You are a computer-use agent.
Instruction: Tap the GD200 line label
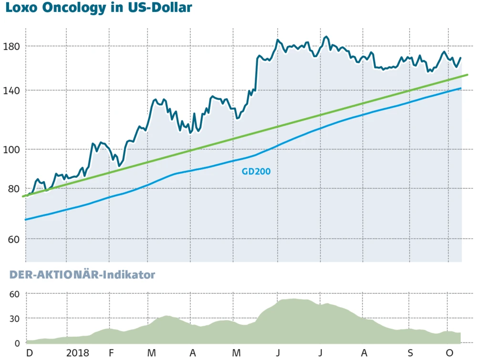point(256,171)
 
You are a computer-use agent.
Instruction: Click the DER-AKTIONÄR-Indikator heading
point(79,275)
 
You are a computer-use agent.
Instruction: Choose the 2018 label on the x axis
point(77,353)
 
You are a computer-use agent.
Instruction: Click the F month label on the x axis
point(111,353)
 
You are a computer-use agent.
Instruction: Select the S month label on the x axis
point(411,353)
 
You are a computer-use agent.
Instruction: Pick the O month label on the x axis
point(449,353)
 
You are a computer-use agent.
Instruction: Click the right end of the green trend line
point(467,75)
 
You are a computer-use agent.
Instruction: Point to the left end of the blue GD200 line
point(26,219)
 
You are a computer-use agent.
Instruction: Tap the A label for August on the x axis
point(364,353)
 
